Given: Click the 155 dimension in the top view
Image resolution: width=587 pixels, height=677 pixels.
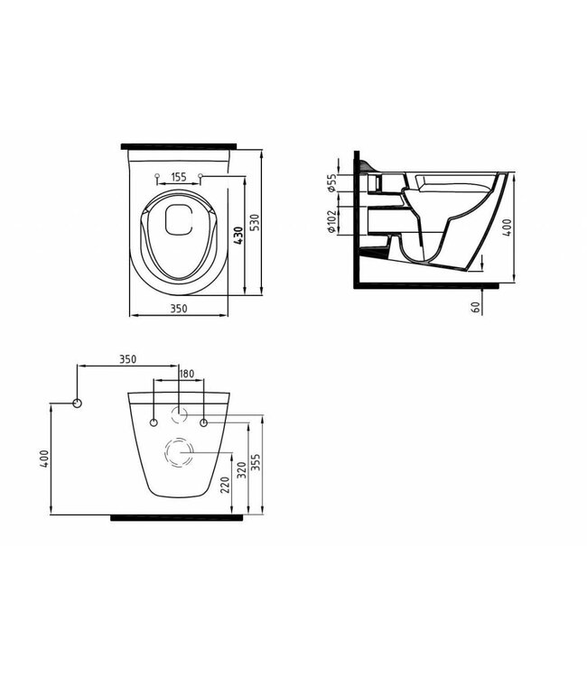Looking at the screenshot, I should coord(178,178).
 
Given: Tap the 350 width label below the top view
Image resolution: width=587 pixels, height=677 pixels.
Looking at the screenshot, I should coord(178,309).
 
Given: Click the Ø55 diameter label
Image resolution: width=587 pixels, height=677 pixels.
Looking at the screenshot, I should coord(333,184).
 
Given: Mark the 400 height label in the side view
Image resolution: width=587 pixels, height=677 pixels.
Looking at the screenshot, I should coord(508,225).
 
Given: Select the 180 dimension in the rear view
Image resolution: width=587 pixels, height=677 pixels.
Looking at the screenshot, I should coord(187,375).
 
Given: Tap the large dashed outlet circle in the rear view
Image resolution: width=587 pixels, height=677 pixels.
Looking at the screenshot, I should coord(179,450).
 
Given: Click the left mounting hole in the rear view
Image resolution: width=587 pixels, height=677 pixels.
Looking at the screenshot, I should coord(154,422).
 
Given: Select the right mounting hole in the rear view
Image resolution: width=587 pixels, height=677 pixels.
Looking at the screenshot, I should coord(203,422).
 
